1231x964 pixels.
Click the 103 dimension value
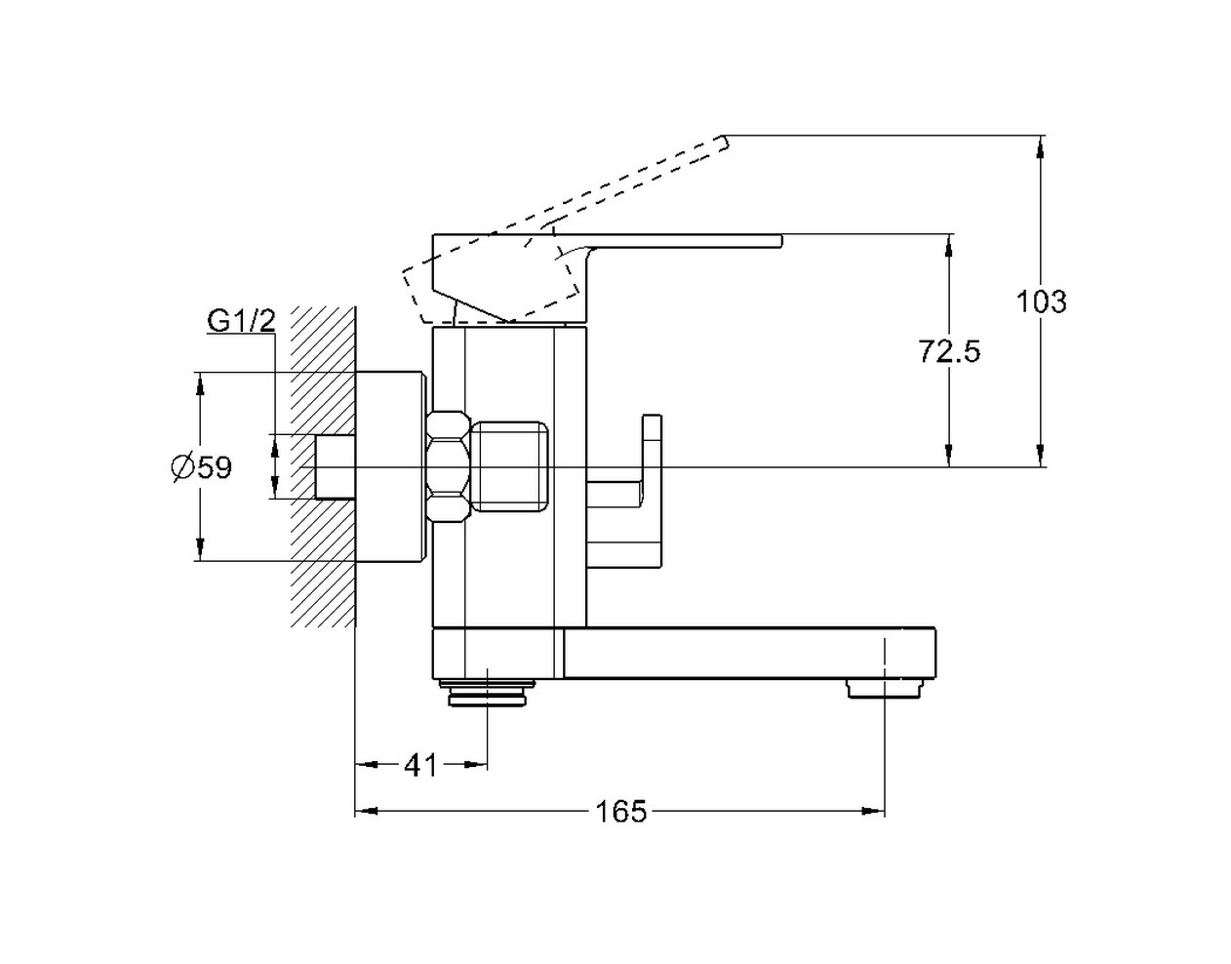tap(1041, 301)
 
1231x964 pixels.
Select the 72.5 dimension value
tap(949, 351)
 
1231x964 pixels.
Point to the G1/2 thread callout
tap(242, 321)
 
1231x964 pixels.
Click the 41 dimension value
tap(420, 766)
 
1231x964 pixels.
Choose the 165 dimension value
tap(621, 812)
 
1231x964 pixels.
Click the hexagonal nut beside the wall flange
tap(448, 466)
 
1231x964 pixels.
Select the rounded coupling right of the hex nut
tap(510, 466)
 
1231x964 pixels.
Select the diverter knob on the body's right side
tap(624, 492)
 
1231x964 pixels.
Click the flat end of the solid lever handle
tap(781, 241)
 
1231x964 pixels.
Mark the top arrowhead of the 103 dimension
tap(1040, 146)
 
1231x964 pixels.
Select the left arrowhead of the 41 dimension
tap(367, 765)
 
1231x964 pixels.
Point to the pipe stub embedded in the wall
tap(336, 466)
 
